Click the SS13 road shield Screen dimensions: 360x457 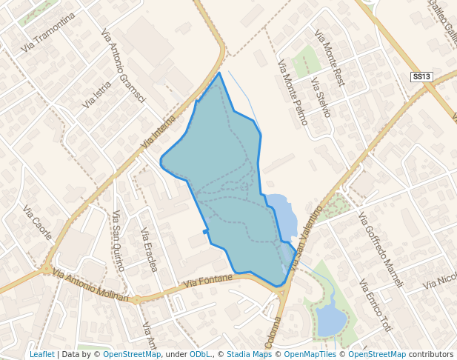(x=421, y=77)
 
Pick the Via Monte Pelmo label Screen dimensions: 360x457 (x=293, y=92)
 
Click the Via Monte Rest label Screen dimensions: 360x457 (x=330, y=58)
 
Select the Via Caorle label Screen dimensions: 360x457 (x=37, y=222)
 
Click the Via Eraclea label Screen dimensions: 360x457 (x=148, y=249)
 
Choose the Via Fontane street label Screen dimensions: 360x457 (x=207, y=281)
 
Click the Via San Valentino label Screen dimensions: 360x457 (x=307, y=237)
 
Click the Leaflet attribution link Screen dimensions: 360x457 (x=41, y=354)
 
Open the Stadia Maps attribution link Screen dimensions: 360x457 (x=249, y=354)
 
